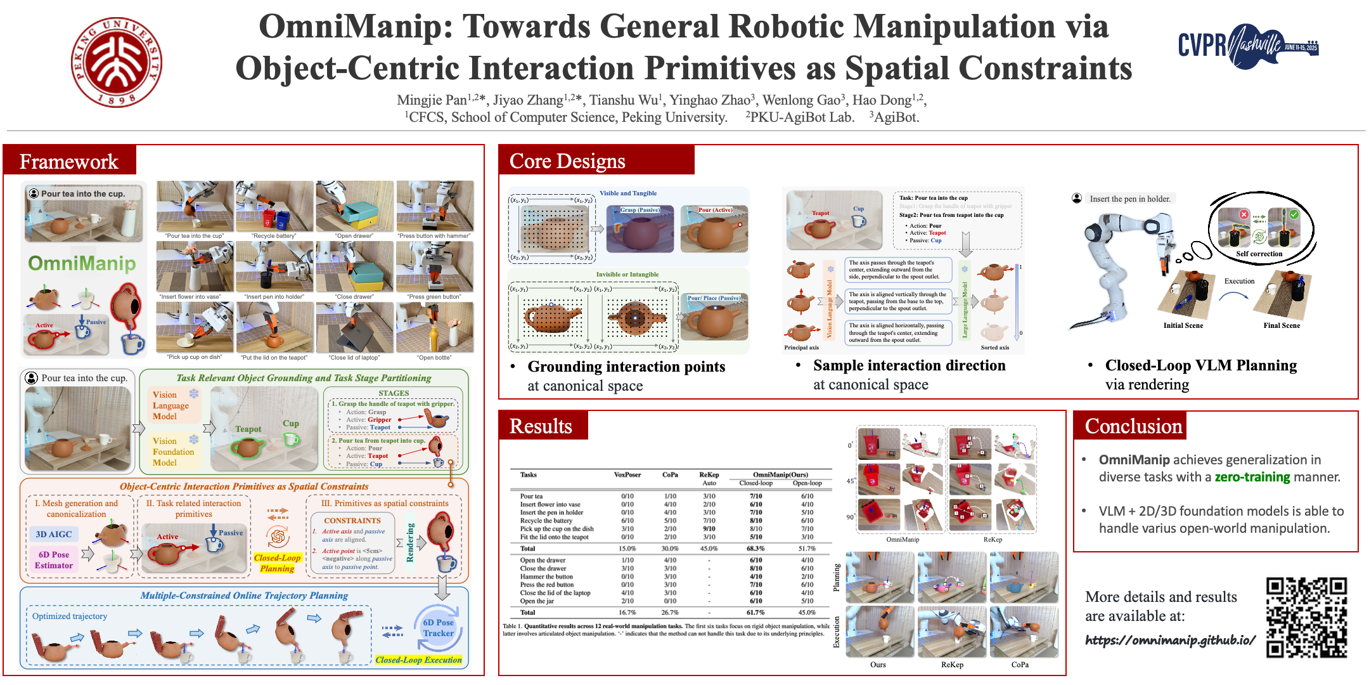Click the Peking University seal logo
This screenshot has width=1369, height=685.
coord(116,62)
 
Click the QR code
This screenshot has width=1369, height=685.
coord(1306,616)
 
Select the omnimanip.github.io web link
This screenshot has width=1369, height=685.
coord(1170,640)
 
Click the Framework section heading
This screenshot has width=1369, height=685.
coord(69,161)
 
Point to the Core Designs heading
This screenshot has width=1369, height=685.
coord(567,161)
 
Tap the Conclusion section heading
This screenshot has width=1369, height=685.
coord(1133,426)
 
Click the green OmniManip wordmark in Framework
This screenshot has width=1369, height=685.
coord(82,263)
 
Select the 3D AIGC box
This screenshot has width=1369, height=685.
coord(54,534)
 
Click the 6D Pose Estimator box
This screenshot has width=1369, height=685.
coord(54,559)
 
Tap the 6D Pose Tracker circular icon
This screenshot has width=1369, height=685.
coord(439,627)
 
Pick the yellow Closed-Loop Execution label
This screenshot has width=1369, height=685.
coord(418,660)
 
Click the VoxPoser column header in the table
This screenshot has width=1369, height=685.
coord(627,474)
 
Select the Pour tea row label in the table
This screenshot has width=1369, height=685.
coord(531,496)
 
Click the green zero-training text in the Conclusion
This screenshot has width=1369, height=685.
coord(1252,477)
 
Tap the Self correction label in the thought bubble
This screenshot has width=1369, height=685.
coord(1259,254)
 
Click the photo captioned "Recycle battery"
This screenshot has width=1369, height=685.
coord(274,206)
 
